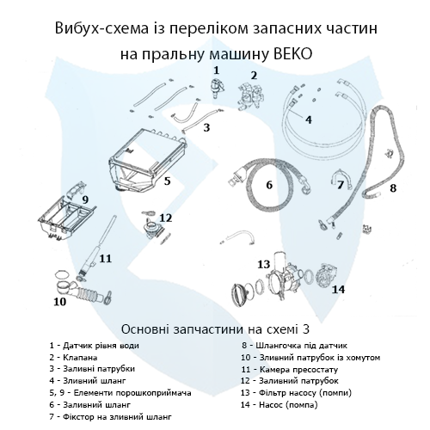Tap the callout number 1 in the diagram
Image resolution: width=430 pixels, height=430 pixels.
(216, 68)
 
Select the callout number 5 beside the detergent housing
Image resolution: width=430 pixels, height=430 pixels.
(168, 181)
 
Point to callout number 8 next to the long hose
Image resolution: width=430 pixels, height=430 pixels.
(393, 187)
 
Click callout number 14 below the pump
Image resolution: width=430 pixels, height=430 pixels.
(339, 290)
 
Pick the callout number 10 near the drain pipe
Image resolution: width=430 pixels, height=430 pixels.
(59, 302)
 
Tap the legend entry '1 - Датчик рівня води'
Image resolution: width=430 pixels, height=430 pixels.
(94, 345)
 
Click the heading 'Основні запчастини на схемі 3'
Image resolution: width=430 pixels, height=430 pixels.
(214, 328)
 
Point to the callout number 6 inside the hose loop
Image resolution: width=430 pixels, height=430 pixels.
(268, 184)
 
